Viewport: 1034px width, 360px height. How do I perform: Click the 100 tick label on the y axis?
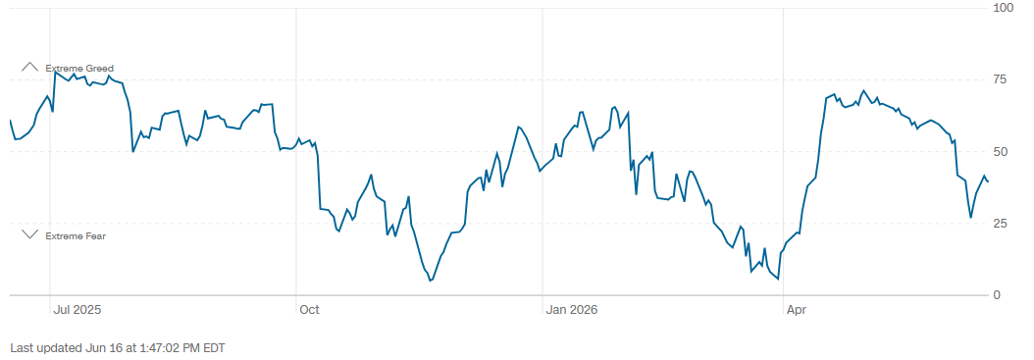(x=1004, y=7)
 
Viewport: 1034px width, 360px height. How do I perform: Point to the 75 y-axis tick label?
(x=1001, y=79)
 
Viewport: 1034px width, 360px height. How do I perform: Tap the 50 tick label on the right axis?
(x=1001, y=152)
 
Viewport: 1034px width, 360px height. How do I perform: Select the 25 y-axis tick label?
(x=1001, y=224)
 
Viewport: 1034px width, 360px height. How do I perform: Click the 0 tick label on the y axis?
(x=997, y=295)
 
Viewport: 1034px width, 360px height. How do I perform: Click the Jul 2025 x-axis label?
(x=78, y=309)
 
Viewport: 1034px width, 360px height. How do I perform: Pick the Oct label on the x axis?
(x=309, y=309)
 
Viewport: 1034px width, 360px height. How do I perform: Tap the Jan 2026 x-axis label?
(x=572, y=309)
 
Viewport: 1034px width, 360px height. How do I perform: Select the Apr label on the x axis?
(x=796, y=309)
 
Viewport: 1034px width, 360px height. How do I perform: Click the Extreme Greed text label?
(x=79, y=68)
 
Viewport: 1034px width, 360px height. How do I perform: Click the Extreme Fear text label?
(x=76, y=235)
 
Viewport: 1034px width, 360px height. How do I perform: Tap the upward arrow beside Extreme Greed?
(x=30, y=67)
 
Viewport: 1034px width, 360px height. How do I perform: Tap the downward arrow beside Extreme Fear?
(x=30, y=234)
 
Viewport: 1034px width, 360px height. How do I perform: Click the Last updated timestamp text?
(x=118, y=347)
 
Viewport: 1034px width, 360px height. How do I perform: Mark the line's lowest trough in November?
(x=430, y=281)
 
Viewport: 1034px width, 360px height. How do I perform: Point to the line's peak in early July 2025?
(x=55, y=72)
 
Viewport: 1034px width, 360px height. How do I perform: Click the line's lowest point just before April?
(x=778, y=279)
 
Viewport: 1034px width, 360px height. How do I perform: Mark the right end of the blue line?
(x=988, y=181)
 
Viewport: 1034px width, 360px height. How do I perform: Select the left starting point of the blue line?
(x=11, y=121)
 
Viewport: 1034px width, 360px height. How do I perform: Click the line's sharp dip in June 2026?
(x=970, y=217)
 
